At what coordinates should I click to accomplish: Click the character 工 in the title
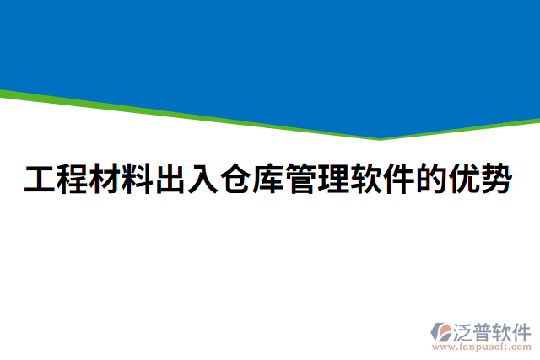pos(39,180)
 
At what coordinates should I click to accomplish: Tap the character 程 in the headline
pos(72,180)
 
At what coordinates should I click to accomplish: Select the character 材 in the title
pos(105,180)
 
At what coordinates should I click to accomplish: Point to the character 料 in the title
pos(137,180)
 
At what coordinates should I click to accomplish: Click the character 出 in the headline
pos(170,180)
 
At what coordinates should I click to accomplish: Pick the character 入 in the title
pos(202,180)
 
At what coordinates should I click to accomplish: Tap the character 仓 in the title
pos(235,180)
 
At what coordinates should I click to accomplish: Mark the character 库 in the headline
pos(267,180)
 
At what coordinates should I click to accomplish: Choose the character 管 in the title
pos(300,180)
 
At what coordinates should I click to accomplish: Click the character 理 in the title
pos(332,180)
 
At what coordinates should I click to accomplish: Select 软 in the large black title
pos(365,180)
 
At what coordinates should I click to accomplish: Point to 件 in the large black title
pos(398,180)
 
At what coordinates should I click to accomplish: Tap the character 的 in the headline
pos(430,180)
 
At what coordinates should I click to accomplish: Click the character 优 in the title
pos(463,180)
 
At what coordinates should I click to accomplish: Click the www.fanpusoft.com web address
pos(482,346)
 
